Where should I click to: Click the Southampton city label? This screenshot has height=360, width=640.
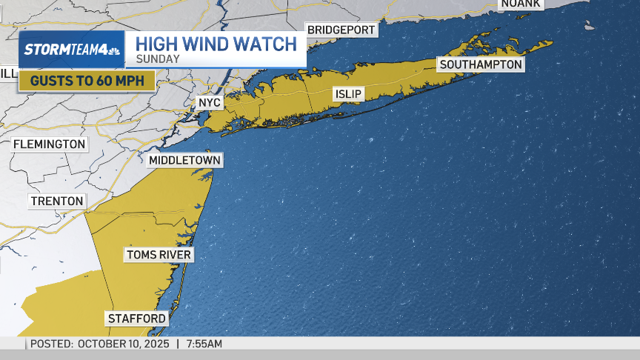481,64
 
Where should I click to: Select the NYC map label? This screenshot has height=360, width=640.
210,102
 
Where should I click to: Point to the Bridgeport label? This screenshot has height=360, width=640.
341,30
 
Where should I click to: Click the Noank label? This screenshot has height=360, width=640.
520,4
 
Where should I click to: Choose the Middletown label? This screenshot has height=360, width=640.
184,160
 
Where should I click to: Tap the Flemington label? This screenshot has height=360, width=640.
49,144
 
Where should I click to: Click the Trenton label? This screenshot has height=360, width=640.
57,201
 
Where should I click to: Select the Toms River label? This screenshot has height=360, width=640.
159,256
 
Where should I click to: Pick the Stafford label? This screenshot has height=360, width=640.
137,319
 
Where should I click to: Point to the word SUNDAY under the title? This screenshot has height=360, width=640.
157,59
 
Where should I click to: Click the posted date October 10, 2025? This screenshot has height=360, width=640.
123,344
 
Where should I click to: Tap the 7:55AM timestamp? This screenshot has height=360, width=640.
204,344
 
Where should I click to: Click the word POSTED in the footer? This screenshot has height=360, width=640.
52,344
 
